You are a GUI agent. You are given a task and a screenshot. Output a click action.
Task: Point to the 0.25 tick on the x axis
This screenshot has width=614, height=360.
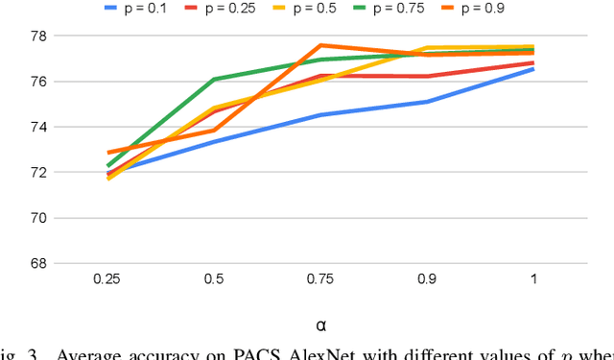pos(106,279)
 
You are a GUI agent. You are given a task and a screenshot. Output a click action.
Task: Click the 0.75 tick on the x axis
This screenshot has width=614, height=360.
pos(320,279)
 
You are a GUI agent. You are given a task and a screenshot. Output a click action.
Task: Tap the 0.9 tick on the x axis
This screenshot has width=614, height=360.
pos(427,279)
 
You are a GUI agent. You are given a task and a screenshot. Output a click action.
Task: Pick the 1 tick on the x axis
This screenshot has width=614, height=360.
pos(533,279)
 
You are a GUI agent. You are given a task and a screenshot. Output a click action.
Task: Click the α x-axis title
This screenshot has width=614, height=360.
pos(320,325)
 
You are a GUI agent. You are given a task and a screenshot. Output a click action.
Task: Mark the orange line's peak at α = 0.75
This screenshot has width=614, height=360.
pos(320,45)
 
